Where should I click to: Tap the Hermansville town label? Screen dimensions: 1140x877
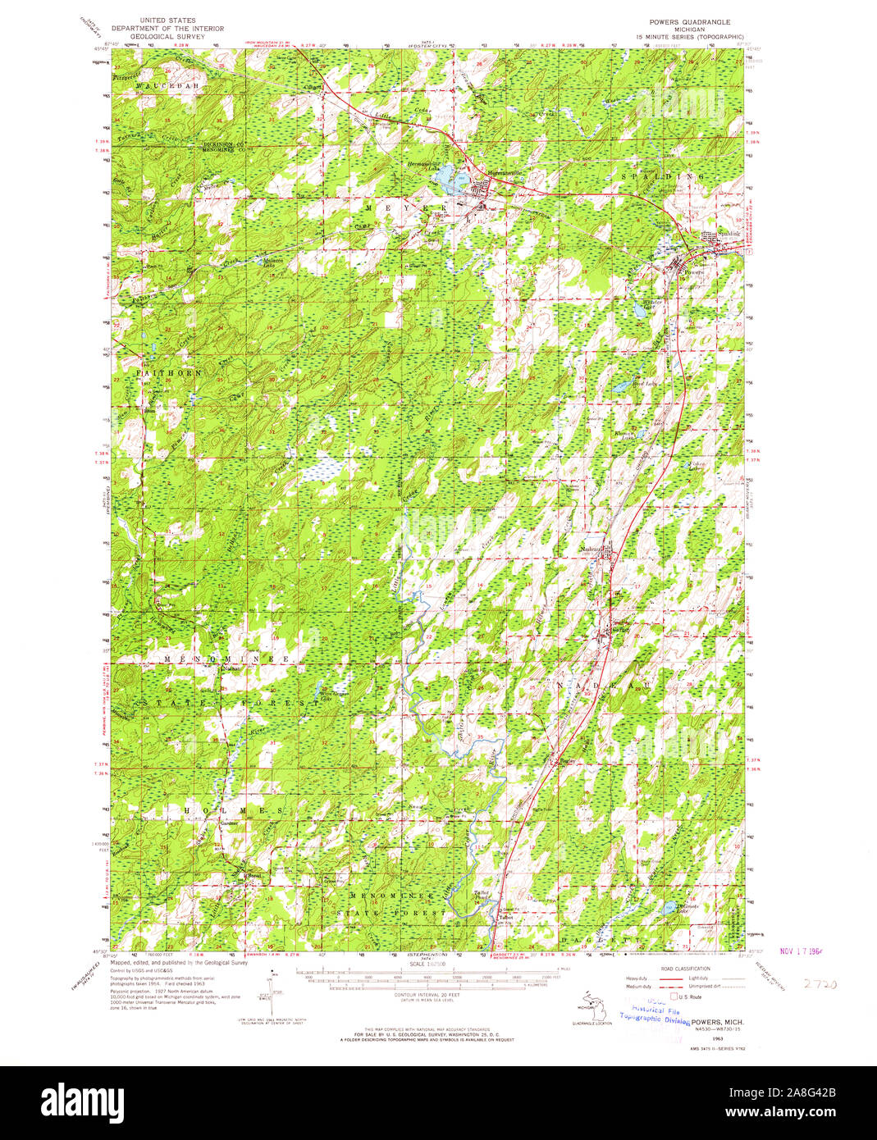point(482,172)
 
